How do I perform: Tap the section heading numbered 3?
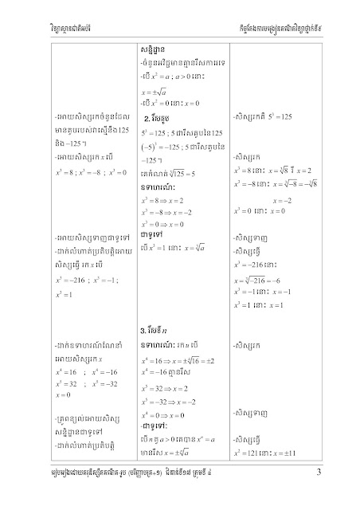point(150,329)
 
